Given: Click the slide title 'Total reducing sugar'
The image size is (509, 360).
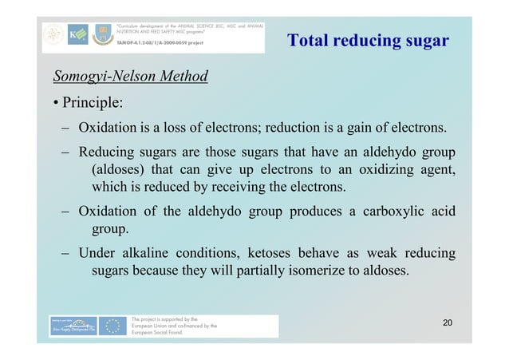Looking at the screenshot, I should click(368, 41).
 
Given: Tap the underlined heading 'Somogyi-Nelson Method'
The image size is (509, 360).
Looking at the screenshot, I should click(130, 77).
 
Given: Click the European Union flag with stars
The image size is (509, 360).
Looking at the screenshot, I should click(115, 326).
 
